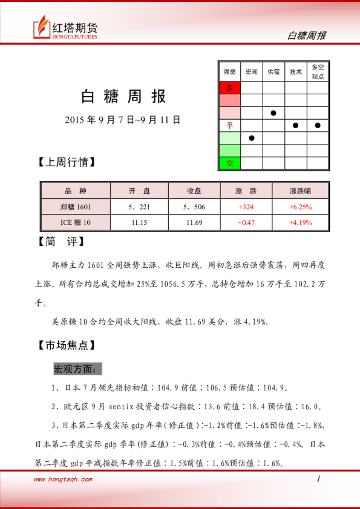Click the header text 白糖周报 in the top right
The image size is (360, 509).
pos(306,36)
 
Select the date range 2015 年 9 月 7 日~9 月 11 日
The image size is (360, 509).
pos(123,120)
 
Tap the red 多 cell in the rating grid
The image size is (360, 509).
pos(229,88)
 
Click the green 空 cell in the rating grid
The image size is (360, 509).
pos(229,163)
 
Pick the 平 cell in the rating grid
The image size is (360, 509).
pos(229,126)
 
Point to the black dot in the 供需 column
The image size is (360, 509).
pos(273,113)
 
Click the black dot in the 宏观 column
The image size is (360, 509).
pos(252,138)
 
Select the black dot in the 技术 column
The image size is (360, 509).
pos(296,126)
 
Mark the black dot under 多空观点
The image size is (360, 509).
pos(318,126)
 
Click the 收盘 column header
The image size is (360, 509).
pos(194,191)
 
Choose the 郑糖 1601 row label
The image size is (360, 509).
pos(76,207)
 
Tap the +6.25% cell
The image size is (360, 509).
pos(301,207)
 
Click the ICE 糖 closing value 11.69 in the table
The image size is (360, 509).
pos(194,222)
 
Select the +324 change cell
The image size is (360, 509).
pos(246,207)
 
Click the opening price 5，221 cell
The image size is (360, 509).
pos(139,207)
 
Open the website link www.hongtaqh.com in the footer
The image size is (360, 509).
pos(63,479)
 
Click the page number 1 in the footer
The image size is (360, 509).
pos(318,479)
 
